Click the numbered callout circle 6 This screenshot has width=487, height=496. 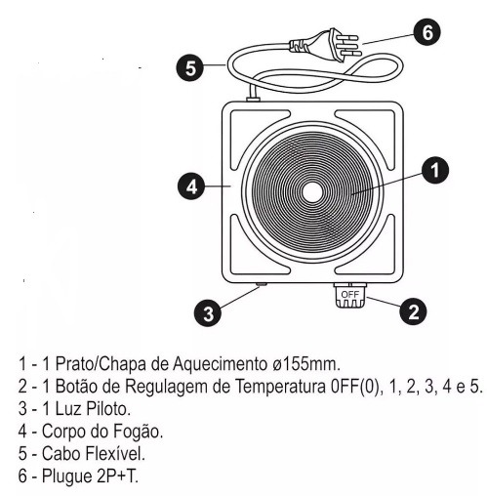tap(427, 32)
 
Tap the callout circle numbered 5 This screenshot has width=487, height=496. tap(190, 68)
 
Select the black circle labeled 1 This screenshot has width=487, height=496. tap(435, 170)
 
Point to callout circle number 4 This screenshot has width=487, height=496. tap(191, 186)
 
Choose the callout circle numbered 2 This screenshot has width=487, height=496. tap(413, 311)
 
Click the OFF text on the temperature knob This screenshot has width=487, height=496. tap(349, 295)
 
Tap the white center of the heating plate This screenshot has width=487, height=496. tap(311, 192)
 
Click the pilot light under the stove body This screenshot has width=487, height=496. tap(261, 285)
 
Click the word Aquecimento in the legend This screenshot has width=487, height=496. tap(220, 364)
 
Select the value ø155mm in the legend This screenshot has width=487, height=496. tap(305, 363)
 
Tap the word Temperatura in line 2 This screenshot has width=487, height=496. tap(280, 387)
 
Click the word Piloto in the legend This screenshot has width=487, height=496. tap(108, 408)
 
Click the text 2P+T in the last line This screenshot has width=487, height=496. tap(117, 475)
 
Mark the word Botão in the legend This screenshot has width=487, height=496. tap(76, 387)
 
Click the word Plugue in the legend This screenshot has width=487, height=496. tap(67, 476)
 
